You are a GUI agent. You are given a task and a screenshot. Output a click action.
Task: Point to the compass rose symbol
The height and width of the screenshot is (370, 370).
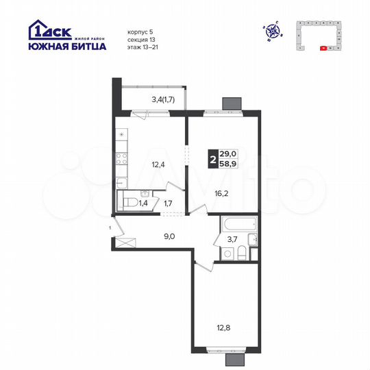[x=273, y=30]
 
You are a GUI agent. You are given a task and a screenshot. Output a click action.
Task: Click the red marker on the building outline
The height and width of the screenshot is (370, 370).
[x=323, y=49]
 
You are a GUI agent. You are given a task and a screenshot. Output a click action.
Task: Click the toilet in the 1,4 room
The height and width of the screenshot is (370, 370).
[x=129, y=201]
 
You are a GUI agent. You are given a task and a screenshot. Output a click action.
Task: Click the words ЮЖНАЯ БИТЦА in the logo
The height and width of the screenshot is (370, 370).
[x=66, y=47]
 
